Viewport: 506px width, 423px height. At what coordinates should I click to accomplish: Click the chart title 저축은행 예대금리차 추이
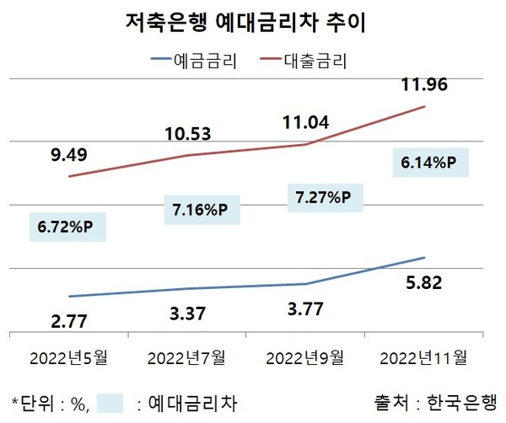click(x=253, y=21)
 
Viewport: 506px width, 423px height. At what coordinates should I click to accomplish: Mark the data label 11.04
click(x=305, y=124)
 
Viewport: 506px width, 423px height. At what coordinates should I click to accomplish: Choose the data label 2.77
click(x=68, y=320)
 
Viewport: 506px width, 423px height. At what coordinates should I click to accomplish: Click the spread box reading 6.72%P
click(x=68, y=228)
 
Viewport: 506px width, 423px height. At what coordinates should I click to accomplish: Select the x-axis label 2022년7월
click(x=187, y=357)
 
